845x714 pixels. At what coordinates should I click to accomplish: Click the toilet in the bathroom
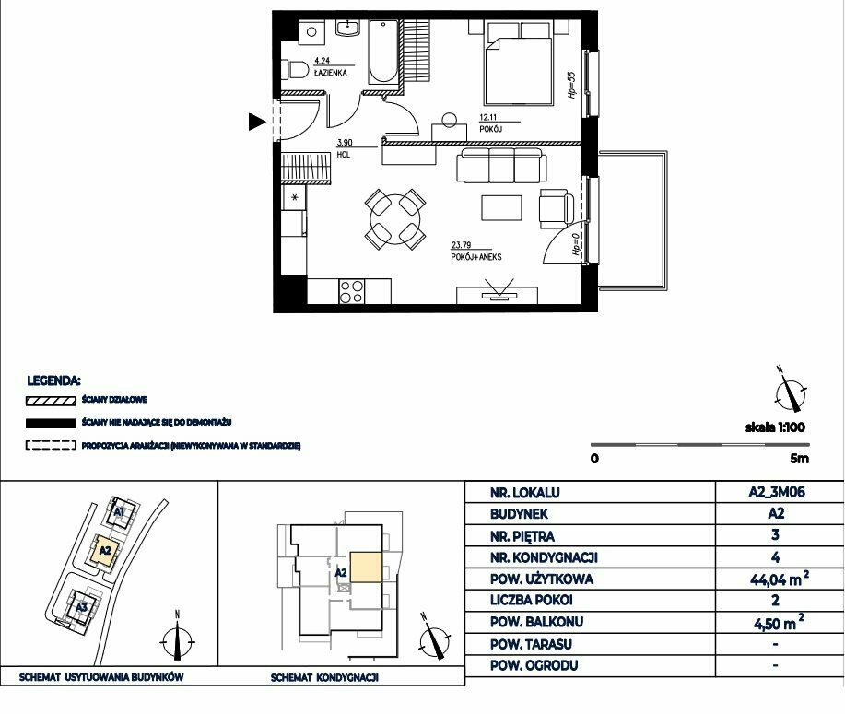click(x=295, y=69)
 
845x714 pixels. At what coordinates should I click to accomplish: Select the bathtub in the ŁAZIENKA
click(x=383, y=52)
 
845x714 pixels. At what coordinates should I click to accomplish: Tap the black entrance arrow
click(x=257, y=122)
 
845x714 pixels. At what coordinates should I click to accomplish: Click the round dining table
click(x=395, y=219)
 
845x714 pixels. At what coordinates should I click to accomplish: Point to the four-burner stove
click(x=351, y=292)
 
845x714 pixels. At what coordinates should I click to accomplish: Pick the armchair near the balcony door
click(x=557, y=208)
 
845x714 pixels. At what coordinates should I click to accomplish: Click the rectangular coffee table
click(x=501, y=208)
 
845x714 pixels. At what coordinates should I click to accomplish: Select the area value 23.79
click(x=461, y=245)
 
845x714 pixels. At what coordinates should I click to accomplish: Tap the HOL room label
click(x=344, y=155)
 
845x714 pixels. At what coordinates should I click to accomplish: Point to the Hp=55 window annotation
click(x=571, y=85)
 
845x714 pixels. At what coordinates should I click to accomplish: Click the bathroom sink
click(x=347, y=28)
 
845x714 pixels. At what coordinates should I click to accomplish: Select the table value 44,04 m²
click(x=780, y=579)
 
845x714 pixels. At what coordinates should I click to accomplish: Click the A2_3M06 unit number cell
click(x=777, y=492)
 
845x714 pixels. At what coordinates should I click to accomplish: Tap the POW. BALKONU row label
click(x=536, y=622)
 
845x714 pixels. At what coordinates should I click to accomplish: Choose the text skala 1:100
click(x=775, y=427)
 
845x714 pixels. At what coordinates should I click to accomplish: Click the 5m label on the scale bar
click(x=800, y=459)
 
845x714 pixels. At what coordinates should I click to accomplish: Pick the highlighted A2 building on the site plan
click(x=105, y=550)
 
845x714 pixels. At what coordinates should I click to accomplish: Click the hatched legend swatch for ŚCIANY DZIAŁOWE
click(x=51, y=401)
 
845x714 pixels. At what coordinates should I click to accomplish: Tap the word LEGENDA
click(x=53, y=381)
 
